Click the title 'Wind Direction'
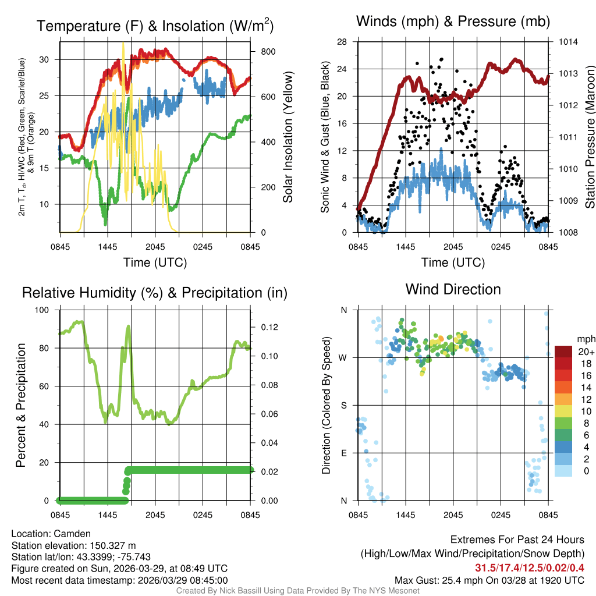coord(453,289)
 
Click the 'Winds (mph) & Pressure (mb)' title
coord(453,22)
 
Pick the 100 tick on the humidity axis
coord(44,310)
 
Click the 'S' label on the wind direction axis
coord(343,406)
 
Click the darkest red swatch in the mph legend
coord(563,352)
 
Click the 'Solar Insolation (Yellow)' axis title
coord(288,137)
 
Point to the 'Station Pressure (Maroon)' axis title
coord(589,137)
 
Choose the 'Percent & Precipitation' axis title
coord(20,405)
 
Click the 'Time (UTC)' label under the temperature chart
coord(155,262)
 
